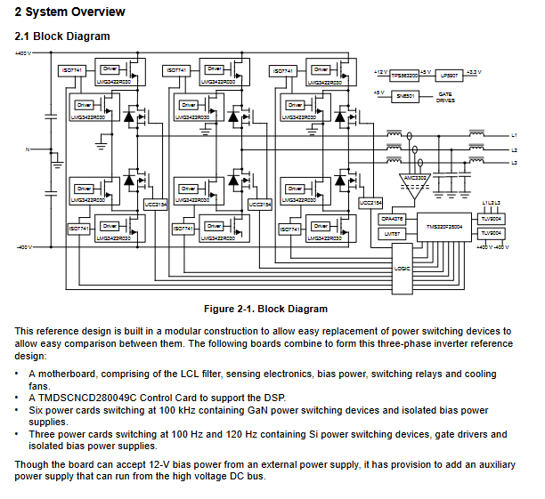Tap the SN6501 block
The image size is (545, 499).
(x=405, y=94)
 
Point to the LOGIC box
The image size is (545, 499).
(x=403, y=266)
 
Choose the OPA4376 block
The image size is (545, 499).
(x=392, y=218)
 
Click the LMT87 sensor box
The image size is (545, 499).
(x=391, y=233)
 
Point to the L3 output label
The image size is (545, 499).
(x=514, y=163)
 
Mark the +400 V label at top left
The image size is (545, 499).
(x=23, y=54)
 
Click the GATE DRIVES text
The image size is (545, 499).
(x=446, y=97)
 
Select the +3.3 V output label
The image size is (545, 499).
(x=473, y=72)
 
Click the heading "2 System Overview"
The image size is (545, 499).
(x=69, y=12)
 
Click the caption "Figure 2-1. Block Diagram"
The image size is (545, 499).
(x=265, y=309)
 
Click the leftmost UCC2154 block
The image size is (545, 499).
(x=154, y=205)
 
